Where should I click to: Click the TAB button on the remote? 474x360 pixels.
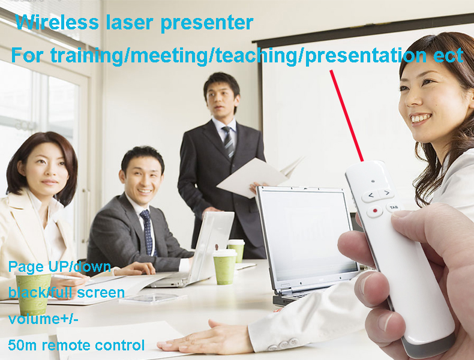coord(394,207)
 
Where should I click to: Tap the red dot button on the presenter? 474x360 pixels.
coord(375,211)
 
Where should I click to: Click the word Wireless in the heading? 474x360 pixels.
coord(57,22)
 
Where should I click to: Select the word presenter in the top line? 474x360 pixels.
coord(207,23)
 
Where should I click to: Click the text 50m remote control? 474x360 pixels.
coord(76,345)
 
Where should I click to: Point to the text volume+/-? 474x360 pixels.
coord(43,319)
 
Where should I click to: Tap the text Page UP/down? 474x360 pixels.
coord(59,267)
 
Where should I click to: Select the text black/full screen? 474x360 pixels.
coord(67,293)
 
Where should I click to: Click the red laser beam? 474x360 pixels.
coord(346,115)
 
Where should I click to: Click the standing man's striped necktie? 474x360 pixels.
coord(228,142)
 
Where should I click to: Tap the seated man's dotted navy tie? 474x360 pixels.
coord(147,232)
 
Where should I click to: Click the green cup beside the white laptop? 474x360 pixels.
coord(225,267)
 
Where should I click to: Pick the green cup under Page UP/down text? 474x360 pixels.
coord(34,293)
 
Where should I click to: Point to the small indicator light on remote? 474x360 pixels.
coord(373,181)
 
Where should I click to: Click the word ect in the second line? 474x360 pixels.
coord(448,55)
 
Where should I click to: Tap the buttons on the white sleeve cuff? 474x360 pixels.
coord(283,344)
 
